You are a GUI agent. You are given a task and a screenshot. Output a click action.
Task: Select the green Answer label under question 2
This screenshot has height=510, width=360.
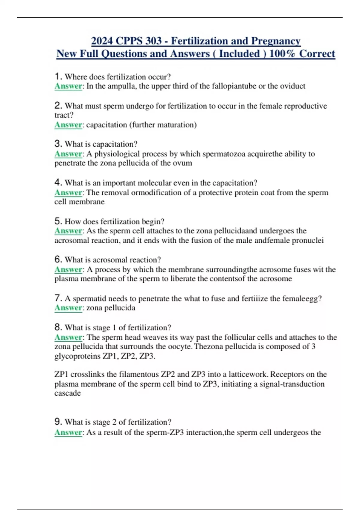click(68, 125)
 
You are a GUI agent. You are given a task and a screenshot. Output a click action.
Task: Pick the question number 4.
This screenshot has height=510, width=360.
click(58, 182)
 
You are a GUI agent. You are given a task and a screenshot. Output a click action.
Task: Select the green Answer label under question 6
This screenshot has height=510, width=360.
click(68, 270)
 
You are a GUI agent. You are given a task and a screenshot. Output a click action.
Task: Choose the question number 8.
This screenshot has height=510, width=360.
click(58, 327)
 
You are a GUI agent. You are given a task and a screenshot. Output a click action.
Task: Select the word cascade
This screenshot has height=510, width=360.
click(67, 393)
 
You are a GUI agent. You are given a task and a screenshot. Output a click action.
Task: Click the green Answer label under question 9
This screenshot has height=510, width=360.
click(68, 433)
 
